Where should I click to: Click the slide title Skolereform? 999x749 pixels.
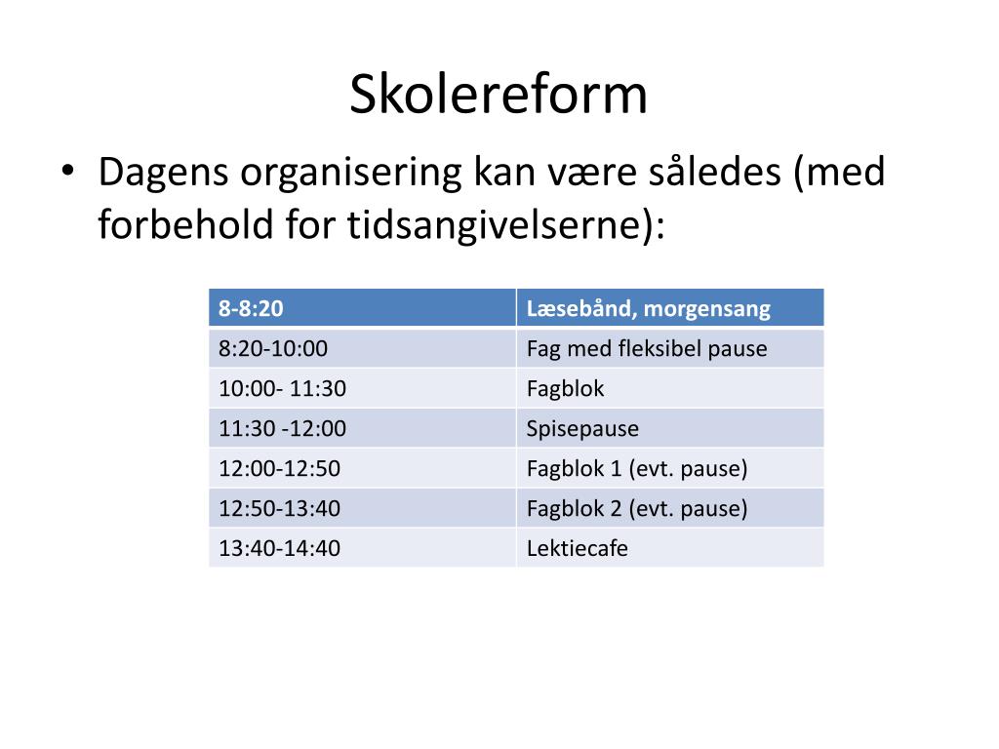pyautogui.click(x=499, y=94)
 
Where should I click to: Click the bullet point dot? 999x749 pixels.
pyautogui.click(x=67, y=171)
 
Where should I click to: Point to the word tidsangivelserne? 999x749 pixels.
pyautogui.click(x=493, y=224)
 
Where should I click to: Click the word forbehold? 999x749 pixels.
pyautogui.click(x=185, y=224)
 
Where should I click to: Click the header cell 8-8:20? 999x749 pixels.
pyautogui.click(x=362, y=307)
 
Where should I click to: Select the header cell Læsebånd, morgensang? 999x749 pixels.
pyautogui.click(x=670, y=307)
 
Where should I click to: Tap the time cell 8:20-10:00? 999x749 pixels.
pyautogui.click(x=362, y=348)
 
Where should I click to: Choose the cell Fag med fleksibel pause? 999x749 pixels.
pyautogui.click(x=670, y=348)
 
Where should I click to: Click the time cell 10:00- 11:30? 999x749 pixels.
pyautogui.click(x=362, y=388)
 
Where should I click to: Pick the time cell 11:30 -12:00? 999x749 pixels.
pyautogui.click(x=362, y=428)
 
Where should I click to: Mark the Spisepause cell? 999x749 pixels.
pyautogui.click(x=670, y=428)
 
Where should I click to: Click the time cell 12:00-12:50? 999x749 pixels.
pyautogui.click(x=362, y=468)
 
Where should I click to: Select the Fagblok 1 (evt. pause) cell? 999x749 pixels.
pyautogui.click(x=670, y=468)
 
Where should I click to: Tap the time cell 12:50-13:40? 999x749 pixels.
pyautogui.click(x=362, y=508)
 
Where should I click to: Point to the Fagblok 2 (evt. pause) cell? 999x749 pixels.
pyautogui.click(x=670, y=508)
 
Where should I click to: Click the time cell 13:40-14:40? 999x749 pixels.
pyautogui.click(x=362, y=548)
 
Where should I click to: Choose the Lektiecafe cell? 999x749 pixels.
pyautogui.click(x=670, y=548)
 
